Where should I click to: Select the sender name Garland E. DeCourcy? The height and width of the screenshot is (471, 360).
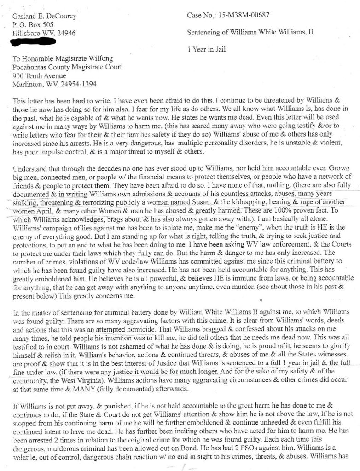click(44, 17)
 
